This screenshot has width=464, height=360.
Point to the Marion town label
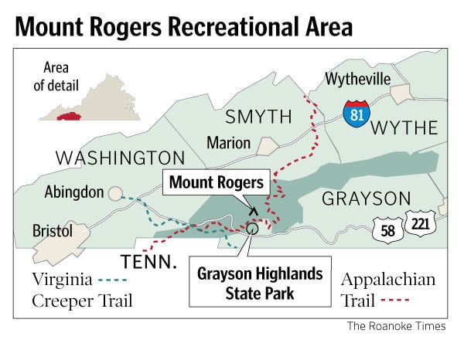[x=228, y=143]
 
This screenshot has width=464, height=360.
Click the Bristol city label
[x=53, y=231]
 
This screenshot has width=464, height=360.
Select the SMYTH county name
[x=258, y=117]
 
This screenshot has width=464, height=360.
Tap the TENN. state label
[x=148, y=262]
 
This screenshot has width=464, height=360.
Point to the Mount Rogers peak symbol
[x=252, y=209]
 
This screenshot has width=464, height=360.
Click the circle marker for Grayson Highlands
[x=251, y=227]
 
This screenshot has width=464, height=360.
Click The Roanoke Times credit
[x=396, y=327]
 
